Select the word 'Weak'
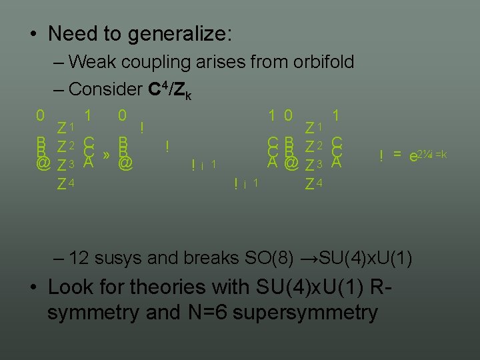pyautogui.click(x=91, y=63)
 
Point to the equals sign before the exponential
pyautogui.click(x=397, y=155)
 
